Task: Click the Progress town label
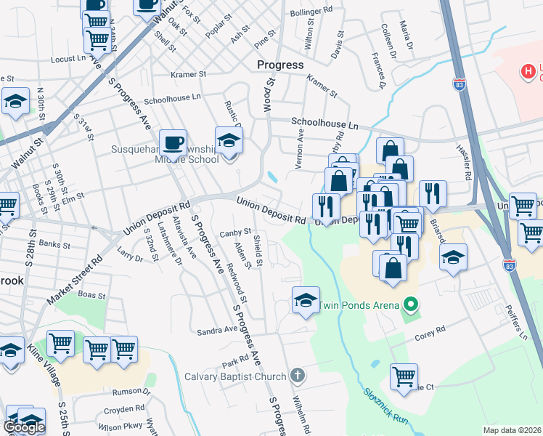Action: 280,65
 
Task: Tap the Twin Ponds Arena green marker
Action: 412,304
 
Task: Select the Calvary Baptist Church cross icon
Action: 295,376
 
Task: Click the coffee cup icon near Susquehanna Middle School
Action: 173,142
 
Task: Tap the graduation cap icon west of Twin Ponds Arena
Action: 306,299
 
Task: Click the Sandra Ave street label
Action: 217,330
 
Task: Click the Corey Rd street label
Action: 429,337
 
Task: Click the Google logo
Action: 24,427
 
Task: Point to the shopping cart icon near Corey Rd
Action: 404,376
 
